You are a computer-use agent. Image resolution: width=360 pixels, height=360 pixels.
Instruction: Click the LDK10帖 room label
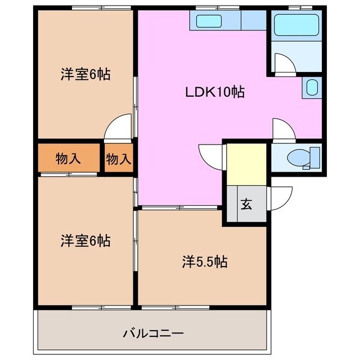(x=215, y=92)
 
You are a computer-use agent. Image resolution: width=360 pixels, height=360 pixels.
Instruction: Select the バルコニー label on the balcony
(x=153, y=332)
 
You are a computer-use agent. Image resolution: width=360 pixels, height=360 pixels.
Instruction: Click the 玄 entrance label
(x=246, y=204)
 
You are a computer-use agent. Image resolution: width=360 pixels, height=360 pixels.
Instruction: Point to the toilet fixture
(x=303, y=158)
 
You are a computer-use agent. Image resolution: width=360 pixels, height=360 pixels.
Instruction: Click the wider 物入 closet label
(x=68, y=159)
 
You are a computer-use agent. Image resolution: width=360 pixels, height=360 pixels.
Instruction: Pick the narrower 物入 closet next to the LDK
(x=119, y=159)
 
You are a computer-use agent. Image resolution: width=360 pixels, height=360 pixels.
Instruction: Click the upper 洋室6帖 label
(x=85, y=74)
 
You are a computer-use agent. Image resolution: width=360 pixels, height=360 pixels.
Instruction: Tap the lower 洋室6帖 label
(x=85, y=241)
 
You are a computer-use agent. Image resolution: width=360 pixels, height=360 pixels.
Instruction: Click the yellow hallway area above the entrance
(x=246, y=163)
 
